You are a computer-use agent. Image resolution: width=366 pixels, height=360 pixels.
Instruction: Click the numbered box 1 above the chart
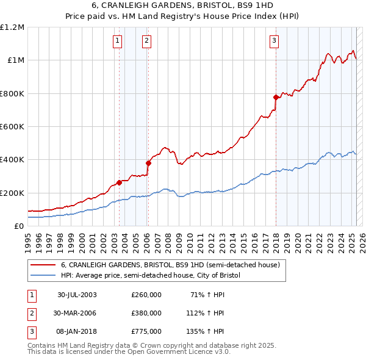pyautogui.click(x=117, y=41)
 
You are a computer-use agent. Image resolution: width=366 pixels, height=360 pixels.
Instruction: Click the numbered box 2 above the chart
pyautogui.click(x=147, y=41)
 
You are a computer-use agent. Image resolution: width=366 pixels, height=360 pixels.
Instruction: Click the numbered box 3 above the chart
pyautogui.click(x=274, y=41)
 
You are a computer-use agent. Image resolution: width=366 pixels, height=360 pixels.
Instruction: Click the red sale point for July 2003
pyautogui.click(x=119, y=182)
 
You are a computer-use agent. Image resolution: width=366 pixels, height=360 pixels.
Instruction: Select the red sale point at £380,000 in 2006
pyautogui.click(x=148, y=163)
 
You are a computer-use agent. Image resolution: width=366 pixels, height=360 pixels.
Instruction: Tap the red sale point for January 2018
pyautogui.click(x=276, y=97)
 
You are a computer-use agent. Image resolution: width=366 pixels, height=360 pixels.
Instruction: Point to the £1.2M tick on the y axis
pyautogui.click(x=12, y=27)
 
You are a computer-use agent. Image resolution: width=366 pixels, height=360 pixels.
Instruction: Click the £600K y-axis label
pyautogui.click(x=12, y=127)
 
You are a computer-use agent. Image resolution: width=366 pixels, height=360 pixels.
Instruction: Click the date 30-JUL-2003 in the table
pyautogui.click(x=77, y=295)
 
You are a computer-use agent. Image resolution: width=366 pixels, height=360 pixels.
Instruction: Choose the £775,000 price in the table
pyautogui.click(x=146, y=331)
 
